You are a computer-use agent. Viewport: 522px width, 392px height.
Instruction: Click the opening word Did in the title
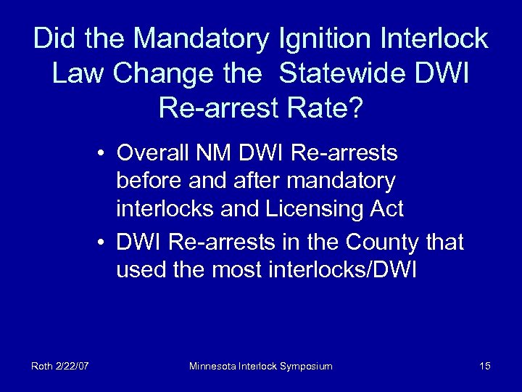(x=53, y=39)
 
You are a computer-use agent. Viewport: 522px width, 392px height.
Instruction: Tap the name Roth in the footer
(x=41, y=366)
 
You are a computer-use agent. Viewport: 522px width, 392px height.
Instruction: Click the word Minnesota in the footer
(x=213, y=366)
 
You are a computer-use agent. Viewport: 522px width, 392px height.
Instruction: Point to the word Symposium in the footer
(x=304, y=366)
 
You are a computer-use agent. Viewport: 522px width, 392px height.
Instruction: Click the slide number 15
(x=485, y=366)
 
